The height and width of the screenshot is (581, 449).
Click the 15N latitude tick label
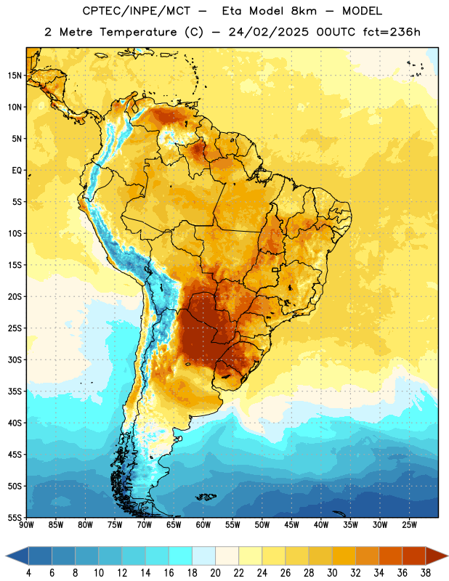15,76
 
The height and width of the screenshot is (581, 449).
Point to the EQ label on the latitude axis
17,171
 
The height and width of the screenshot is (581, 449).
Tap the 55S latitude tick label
15,517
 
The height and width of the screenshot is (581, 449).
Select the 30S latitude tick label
15,359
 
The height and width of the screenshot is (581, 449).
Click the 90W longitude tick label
26,525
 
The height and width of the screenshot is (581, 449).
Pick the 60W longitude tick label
203,525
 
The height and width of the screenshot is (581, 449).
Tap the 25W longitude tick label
409,525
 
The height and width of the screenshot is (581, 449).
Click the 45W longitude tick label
291,525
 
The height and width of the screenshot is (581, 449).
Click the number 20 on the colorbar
215,573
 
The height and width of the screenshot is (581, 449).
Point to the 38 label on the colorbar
426,573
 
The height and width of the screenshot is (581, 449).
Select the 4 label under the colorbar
28,573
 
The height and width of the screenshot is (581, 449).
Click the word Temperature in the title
138,32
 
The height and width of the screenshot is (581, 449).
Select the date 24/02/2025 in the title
268,32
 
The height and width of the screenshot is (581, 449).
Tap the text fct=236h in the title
392,32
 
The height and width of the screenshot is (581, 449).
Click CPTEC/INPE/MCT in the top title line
136,11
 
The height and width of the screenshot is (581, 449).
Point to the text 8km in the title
304,11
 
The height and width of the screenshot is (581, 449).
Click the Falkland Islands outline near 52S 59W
206,497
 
